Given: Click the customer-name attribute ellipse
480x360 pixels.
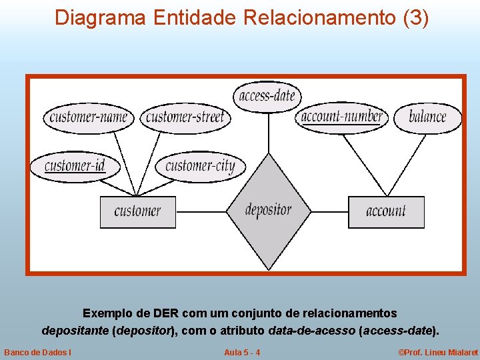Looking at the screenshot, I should (x=89, y=118).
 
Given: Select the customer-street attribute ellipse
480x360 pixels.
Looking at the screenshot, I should (x=185, y=118).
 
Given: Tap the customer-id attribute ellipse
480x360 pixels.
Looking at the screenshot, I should (x=75, y=165).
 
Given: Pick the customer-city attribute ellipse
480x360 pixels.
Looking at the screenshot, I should (x=200, y=165).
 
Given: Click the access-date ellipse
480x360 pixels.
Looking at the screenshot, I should (x=267, y=96).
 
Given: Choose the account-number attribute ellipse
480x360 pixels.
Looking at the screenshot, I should (x=342, y=117).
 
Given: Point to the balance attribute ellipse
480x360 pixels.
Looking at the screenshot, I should (x=427, y=117).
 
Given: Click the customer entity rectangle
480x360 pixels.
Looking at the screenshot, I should (x=137, y=212).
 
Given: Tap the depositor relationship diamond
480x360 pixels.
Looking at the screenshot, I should (x=268, y=211).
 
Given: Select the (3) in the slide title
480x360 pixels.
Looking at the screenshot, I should (x=416, y=17).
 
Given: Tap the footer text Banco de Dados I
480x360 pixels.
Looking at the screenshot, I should (x=38, y=352).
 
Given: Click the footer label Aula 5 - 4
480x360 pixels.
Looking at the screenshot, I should (x=242, y=352).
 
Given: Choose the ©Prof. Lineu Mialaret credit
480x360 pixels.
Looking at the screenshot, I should (x=438, y=352).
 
